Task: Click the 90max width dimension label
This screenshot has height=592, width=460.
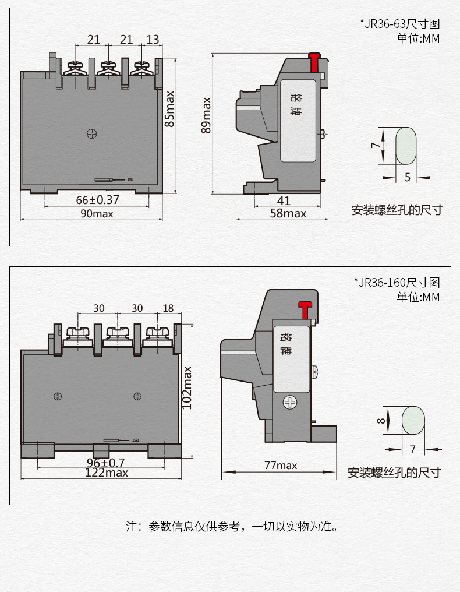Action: click(97, 214)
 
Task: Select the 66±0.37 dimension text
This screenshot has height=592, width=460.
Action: click(97, 200)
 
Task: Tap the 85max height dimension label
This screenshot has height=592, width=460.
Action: click(169, 108)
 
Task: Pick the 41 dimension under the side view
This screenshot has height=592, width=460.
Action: click(284, 200)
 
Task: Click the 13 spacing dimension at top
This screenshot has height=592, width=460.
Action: click(153, 40)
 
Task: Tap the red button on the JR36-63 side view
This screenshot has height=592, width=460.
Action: click(314, 61)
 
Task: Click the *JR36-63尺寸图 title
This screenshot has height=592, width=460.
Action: click(399, 24)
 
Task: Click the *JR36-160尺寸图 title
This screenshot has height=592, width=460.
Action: click(397, 283)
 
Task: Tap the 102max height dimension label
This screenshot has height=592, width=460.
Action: click(187, 387)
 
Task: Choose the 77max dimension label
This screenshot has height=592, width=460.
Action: click(281, 465)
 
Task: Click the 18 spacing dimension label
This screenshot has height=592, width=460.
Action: click(168, 308)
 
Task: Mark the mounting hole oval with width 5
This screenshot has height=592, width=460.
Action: click(406, 146)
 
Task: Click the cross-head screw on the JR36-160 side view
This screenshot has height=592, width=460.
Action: click(289, 402)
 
